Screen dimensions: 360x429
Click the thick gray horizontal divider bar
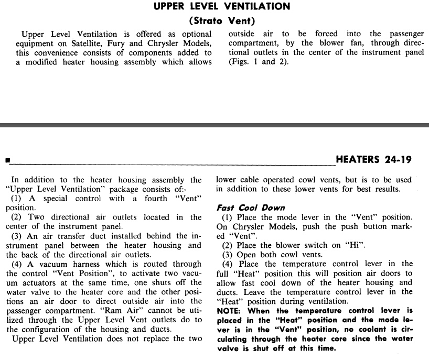point(214,125)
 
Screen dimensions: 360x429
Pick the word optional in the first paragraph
point(196,34)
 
